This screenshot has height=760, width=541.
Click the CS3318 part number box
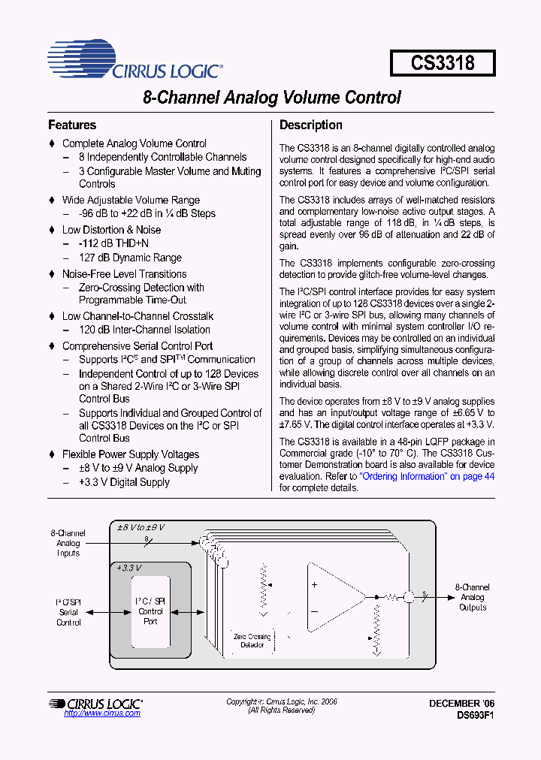point(443,62)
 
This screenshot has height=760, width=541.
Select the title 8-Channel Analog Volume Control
point(271,98)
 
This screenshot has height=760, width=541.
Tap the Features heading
point(72,125)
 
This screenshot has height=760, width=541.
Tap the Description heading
point(311,125)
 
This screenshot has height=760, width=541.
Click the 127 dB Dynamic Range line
point(130,258)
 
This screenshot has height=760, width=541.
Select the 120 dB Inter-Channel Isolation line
point(144,330)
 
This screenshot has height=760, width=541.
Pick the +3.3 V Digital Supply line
point(124,482)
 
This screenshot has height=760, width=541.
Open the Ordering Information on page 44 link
point(427,476)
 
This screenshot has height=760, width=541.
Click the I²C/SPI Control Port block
point(150,611)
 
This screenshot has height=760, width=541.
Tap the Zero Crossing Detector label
point(252,641)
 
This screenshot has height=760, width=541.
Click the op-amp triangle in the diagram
point(331,596)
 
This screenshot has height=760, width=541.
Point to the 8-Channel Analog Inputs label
point(68,543)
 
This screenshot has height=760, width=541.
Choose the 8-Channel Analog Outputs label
point(473,597)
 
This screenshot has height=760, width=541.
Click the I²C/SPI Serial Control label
point(68,612)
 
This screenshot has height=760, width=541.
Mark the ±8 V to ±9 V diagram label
point(141,528)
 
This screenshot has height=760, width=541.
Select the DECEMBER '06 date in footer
point(462,703)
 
